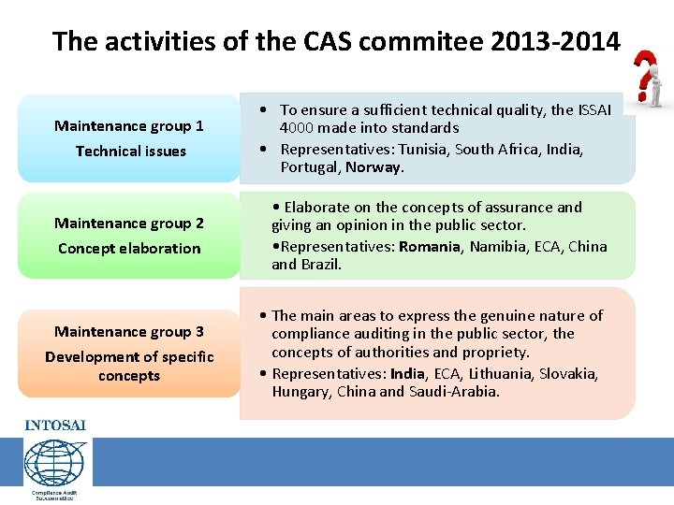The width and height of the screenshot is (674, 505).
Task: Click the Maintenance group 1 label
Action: tap(129, 126)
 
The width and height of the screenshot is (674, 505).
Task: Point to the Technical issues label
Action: tap(131, 151)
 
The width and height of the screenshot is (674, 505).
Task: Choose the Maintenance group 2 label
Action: tap(129, 224)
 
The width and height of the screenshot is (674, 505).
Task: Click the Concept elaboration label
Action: tap(129, 249)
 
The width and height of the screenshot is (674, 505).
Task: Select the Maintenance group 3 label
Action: tap(129, 332)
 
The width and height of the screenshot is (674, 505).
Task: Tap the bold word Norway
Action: tap(374, 167)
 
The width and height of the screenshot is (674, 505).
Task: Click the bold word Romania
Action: tap(430, 247)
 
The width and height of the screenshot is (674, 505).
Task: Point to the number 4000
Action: tap(298, 128)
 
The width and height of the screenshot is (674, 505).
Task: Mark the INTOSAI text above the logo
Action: tap(54, 426)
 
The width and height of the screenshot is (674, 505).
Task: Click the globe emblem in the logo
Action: tap(54, 462)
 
